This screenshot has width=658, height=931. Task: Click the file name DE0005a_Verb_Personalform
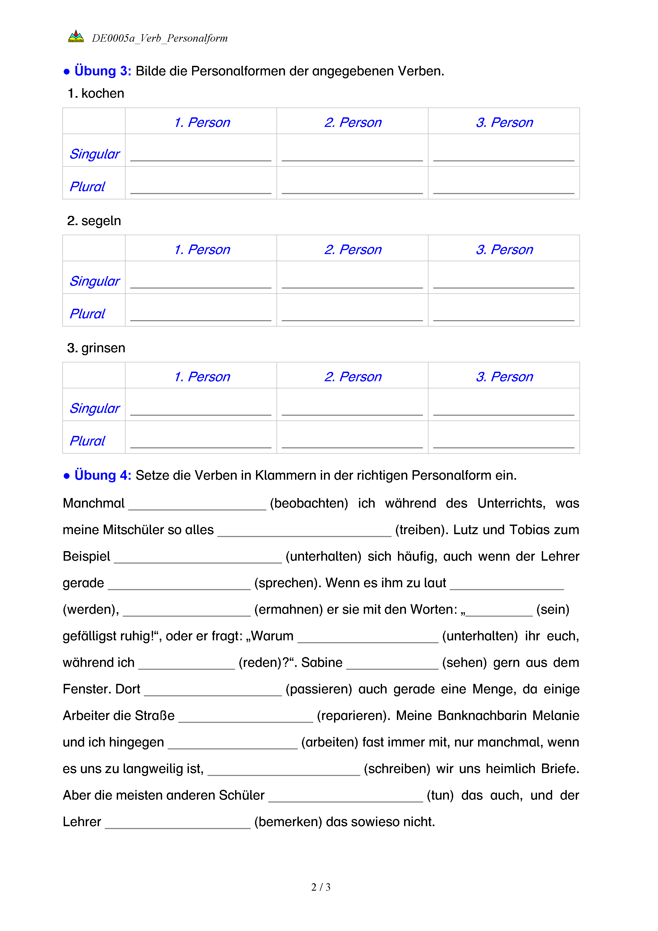(160, 38)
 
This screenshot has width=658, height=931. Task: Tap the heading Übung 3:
(102, 71)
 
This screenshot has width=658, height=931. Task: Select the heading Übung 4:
(102, 475)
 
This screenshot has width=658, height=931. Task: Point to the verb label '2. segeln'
(94, 221)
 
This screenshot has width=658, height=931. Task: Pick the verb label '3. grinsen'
(96, 348)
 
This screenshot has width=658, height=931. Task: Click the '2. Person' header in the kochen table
(353, 122)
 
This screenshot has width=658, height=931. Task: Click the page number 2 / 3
(321, 887)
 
